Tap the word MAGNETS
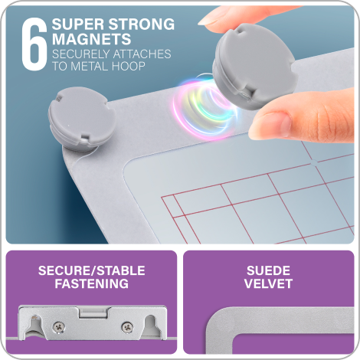[87, 38]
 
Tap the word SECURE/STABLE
[91, 271]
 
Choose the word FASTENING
[91, 284]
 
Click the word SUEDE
[268, 271]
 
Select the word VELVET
[268, 284]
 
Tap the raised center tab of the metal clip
[91, 312]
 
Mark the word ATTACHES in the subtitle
[143, 54]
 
